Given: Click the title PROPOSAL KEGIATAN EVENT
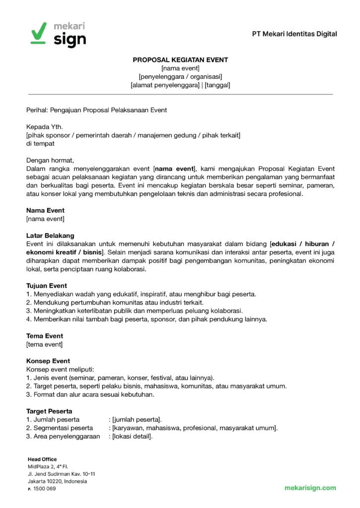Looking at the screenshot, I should point(180,60).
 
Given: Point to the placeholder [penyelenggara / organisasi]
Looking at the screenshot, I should point(180,76).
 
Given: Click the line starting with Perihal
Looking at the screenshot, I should point(96,110).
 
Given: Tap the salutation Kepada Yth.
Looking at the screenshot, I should point(45,127).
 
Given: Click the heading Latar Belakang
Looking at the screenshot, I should point(50,235).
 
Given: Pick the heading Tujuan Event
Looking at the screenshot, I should point(47,286).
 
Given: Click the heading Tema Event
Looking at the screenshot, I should point(45,336).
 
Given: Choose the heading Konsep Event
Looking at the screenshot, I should point(48,361).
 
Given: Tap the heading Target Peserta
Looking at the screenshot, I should point(49,411).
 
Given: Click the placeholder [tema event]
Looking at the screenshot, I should point(45,344).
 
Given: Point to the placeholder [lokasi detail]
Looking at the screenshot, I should point(132,437).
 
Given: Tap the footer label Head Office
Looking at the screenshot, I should point(42,459).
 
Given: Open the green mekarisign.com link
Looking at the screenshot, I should point(310,488).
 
